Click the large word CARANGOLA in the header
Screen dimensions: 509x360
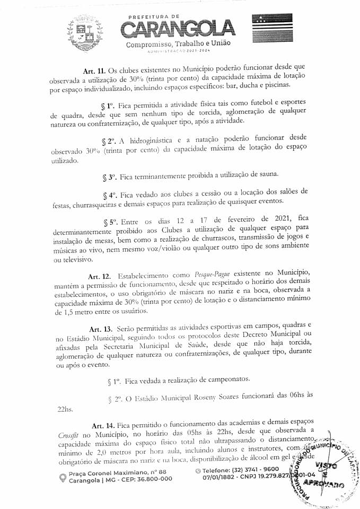click(x=178, y=28)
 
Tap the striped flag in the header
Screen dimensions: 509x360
click(x=272, y=30)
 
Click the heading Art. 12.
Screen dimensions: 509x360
click(x=100, y=276)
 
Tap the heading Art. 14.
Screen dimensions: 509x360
click(x=103, y=425)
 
